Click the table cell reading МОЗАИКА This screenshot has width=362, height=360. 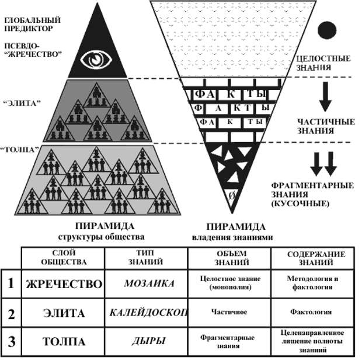coord(147,283)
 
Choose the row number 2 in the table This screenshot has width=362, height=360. coord(11,313)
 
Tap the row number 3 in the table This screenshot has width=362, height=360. coord(11,340)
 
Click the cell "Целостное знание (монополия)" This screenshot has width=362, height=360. coord(229,284)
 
